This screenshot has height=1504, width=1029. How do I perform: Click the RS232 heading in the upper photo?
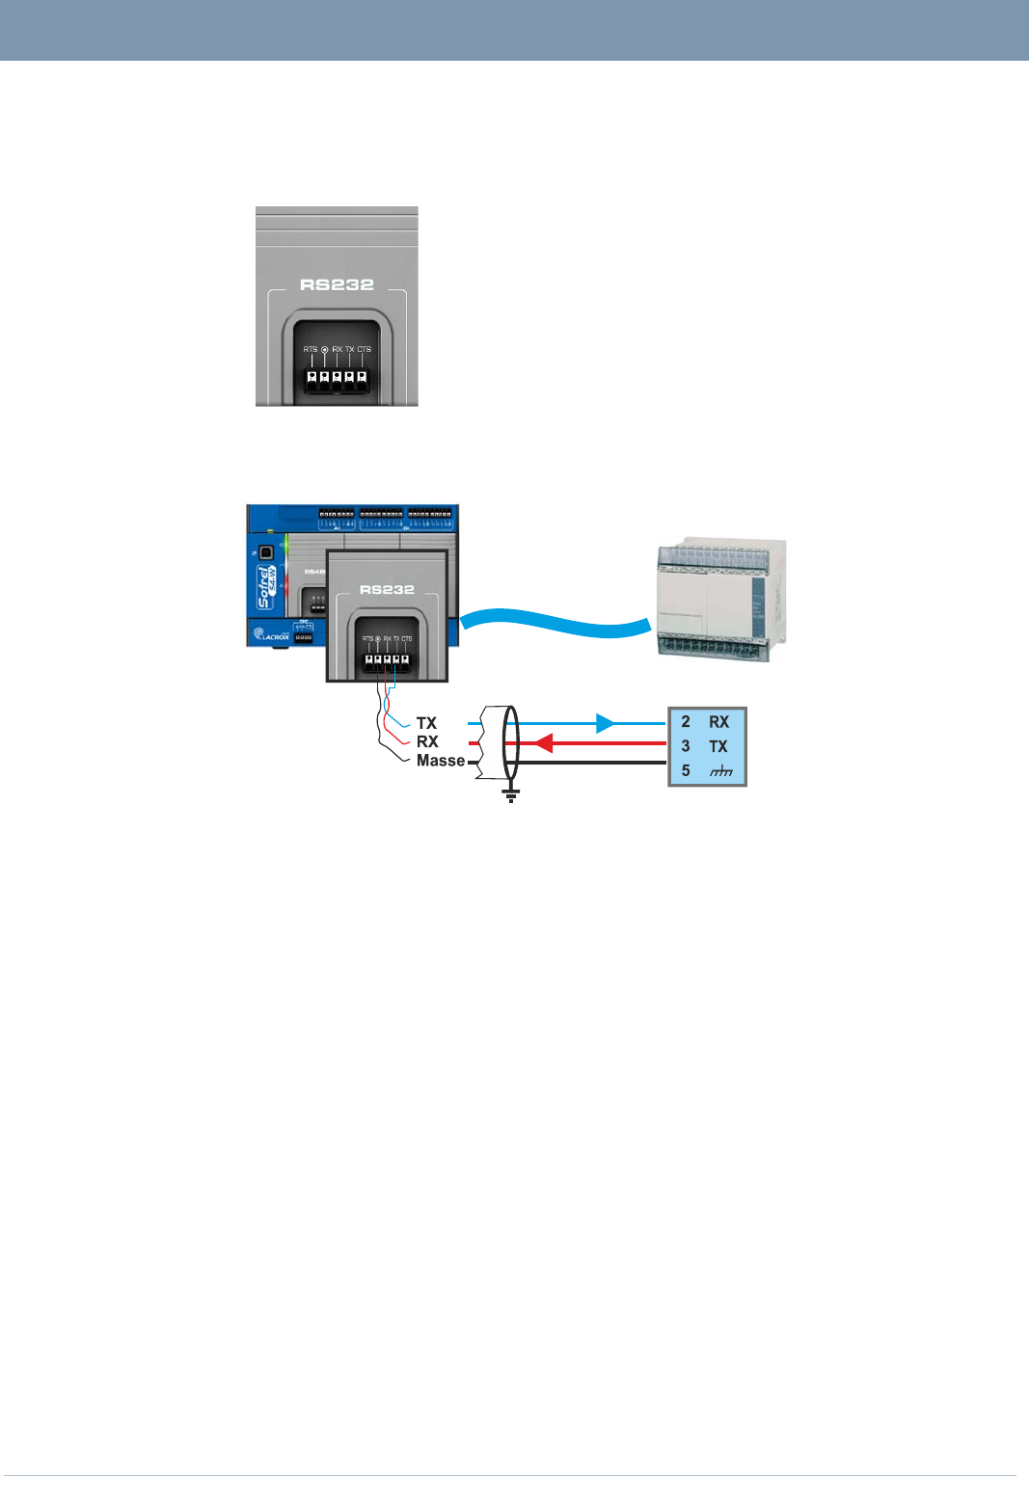pyautogui.click(x=337, y=284)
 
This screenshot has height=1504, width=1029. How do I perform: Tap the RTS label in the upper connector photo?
pyautogui.click(x=311, y=349)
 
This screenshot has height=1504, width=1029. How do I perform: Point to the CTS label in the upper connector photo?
pyautogui.click(x=364, y=349)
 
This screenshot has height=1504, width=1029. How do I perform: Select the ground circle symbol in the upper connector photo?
pyautogui.click(x=324, y=349)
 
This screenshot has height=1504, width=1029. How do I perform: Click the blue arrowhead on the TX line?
pyautogui.click(x=606, y=723)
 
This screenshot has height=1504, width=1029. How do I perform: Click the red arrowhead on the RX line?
pyautogui.click(x=543, y=743)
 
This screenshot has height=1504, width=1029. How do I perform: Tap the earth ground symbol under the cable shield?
pyautogui.click(x=511, y=794)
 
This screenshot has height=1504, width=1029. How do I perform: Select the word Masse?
pyautogui.click(x=441, y=761)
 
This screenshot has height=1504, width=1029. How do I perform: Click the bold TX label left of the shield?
pyautogui.click(x=426, y=723)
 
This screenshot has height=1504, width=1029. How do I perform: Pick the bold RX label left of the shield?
pyautogui.click(x=427, y=741)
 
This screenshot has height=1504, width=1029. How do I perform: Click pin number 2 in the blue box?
pyautogui.click(x=686, y=721)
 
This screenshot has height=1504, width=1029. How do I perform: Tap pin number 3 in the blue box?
pyautogui.click(x=686, y=746)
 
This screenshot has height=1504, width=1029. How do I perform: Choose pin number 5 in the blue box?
pyautogui.click(x=686, y=770)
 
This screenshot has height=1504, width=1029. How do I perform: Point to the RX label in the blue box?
pyautogui.click(x=719, y=721)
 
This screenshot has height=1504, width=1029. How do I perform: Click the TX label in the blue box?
pyautogui.click(x=718, y=746)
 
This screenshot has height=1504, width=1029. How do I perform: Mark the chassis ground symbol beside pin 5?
pyautogui.click(x=720, y=771)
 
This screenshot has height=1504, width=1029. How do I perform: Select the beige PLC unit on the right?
pyautogui.click(x=721, y=600)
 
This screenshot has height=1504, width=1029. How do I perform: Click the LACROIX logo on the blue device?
pyautogui.click(x=271, y=636)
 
